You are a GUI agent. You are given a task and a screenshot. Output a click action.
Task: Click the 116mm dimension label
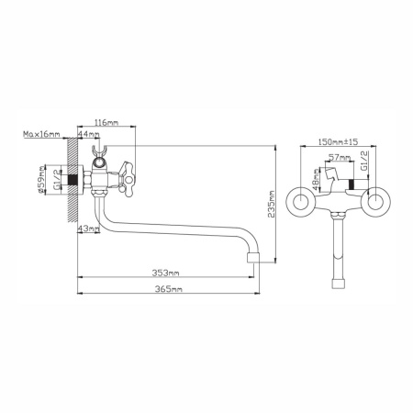[106, 123]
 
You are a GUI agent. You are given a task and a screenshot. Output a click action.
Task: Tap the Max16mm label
[41, 134]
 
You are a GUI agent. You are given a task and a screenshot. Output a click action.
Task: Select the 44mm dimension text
[88, 134]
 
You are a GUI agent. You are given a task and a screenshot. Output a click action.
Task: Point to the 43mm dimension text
[88, 229]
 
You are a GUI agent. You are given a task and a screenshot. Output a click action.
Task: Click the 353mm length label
[166, 273]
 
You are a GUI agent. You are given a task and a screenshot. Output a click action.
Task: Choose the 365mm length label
[169, 289]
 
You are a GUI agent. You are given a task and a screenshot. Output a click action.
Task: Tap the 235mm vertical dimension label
[271, 204]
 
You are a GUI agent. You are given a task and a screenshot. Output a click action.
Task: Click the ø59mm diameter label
[41, 180]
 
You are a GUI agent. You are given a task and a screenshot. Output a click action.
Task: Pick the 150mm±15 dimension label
[338, 142]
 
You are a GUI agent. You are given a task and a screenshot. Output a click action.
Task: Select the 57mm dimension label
[340, 158]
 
